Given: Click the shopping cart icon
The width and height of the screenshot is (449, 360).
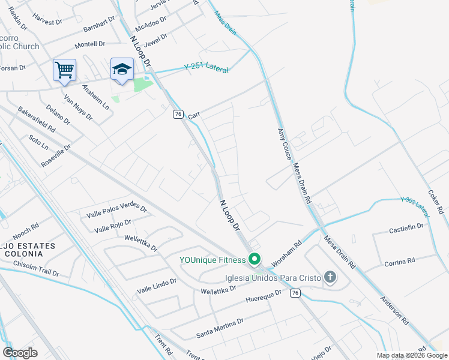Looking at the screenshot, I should (64, 70).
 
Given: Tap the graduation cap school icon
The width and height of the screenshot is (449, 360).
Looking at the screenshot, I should (122, 70).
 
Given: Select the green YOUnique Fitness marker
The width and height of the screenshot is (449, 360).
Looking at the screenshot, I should (255, 260).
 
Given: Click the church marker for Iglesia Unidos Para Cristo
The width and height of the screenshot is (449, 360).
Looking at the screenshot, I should (330, 277).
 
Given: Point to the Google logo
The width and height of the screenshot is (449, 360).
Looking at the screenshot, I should (20, 353).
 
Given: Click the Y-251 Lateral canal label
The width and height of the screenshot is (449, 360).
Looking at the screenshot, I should (206, 68).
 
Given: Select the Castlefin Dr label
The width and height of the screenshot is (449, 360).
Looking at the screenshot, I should (406, 229).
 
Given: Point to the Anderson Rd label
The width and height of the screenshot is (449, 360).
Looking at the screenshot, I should (394, 311).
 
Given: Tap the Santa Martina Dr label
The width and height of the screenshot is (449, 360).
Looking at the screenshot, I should (220, 325).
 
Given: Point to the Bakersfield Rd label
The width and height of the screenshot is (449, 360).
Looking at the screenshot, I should (37, 120).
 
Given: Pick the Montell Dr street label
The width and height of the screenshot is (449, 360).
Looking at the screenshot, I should (89, 44).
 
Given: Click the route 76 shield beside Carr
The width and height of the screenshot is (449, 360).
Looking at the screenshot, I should (177, 114).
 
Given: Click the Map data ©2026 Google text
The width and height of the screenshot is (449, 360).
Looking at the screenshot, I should (411, 355).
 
